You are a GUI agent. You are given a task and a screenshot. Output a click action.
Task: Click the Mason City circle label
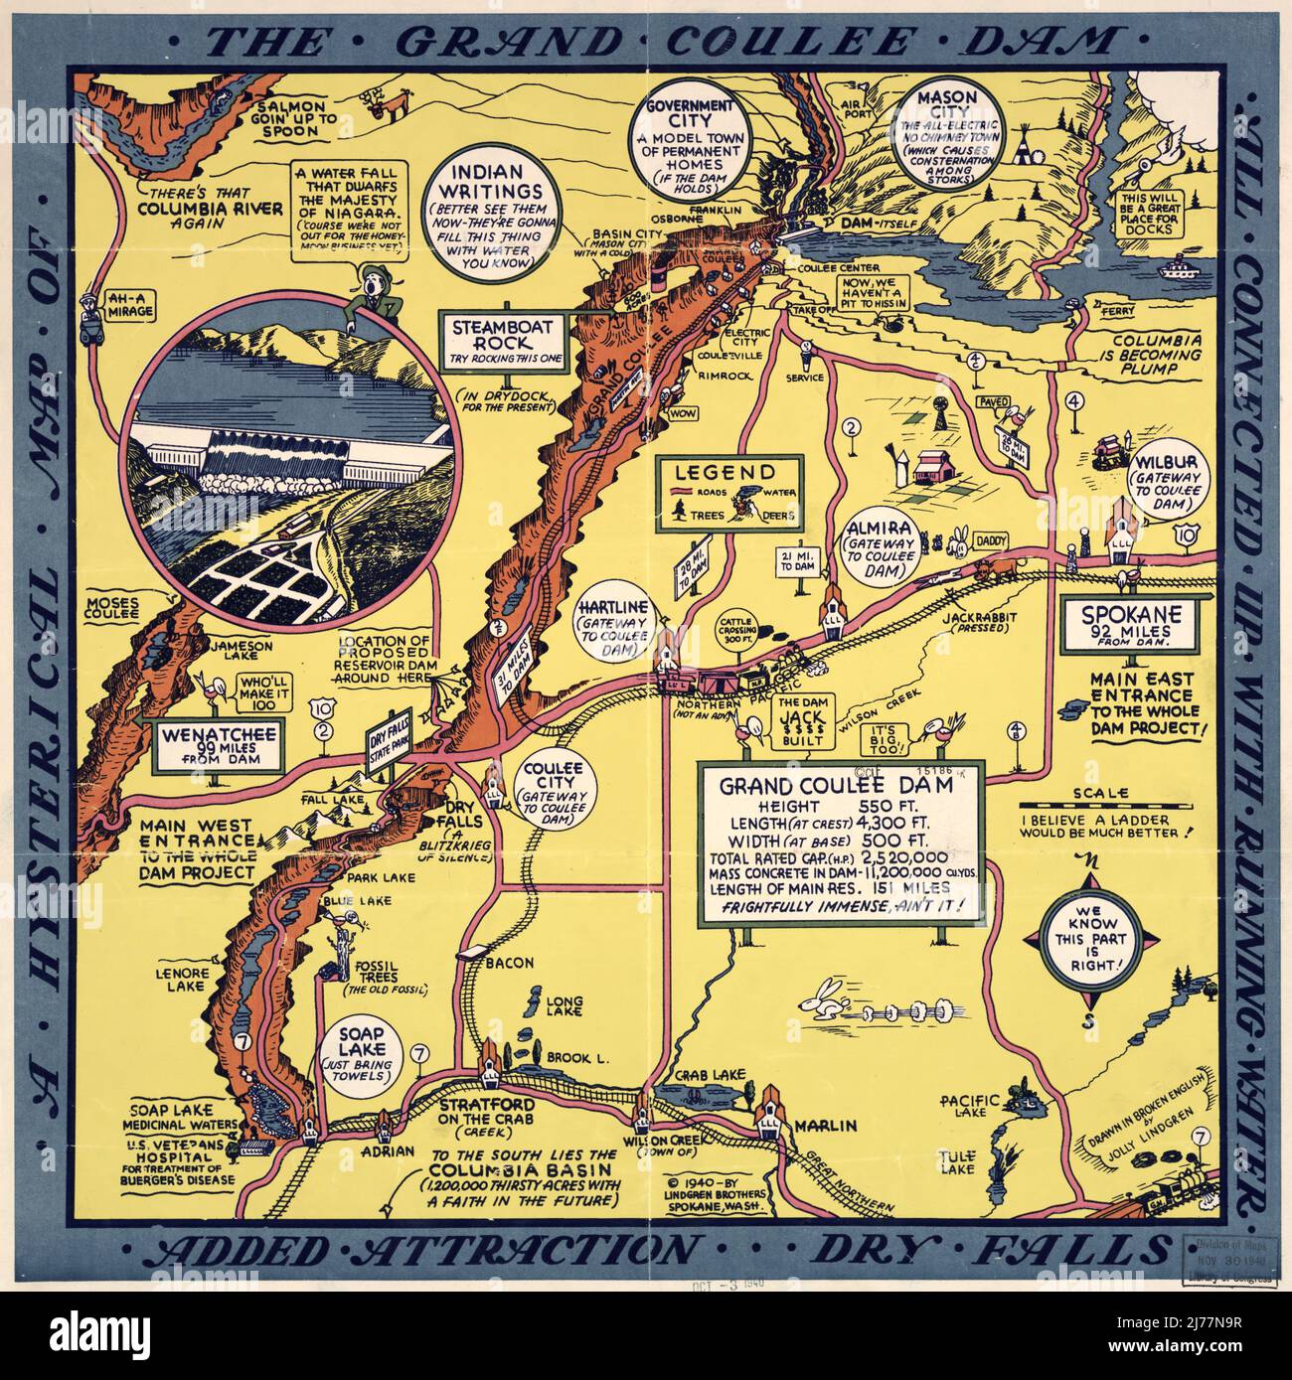click(940, 132)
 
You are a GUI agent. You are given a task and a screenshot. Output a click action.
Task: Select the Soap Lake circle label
click(361, 1057)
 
